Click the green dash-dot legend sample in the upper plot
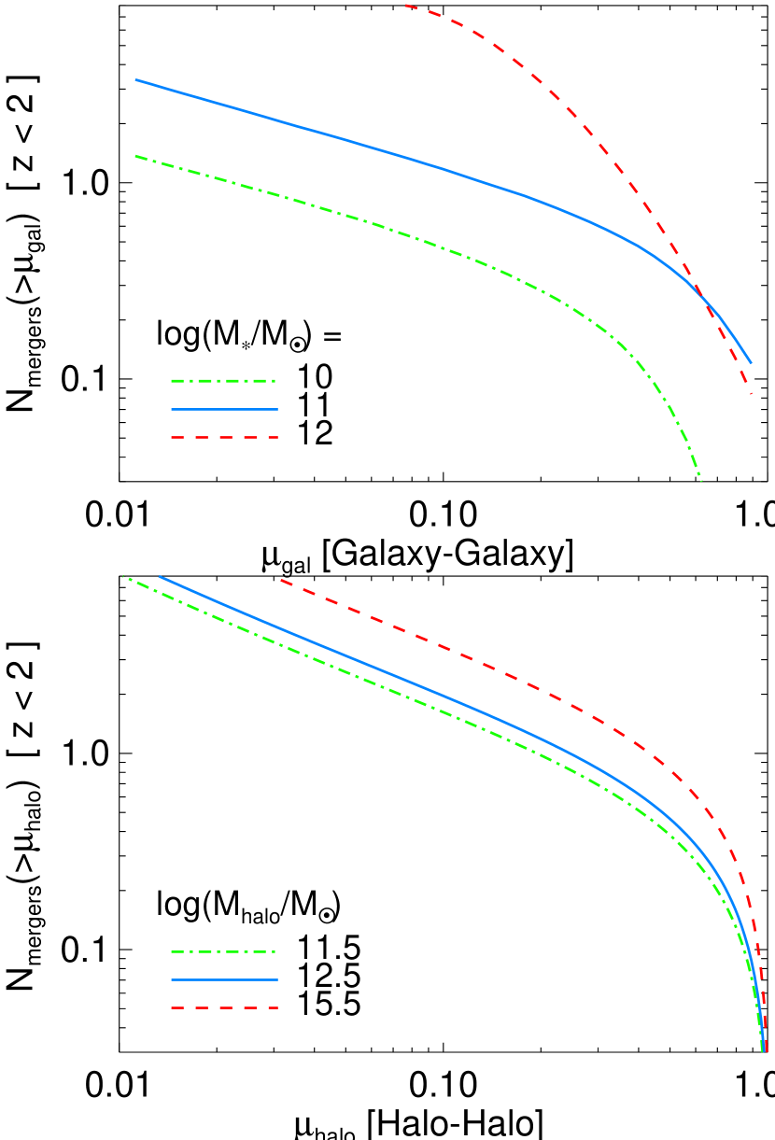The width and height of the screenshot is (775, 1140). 224,381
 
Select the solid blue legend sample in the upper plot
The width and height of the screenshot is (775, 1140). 224,409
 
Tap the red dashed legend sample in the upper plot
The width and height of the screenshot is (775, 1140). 224,437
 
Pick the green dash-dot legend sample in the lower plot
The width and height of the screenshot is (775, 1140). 224,952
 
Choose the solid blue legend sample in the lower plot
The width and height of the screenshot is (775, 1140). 224,979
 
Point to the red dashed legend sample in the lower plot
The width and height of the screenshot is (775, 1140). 224,1007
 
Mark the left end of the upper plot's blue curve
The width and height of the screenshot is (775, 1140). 136,80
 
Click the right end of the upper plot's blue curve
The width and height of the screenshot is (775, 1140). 751,362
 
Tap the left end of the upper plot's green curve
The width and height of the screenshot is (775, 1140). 136,156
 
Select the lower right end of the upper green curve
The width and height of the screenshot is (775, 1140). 701,481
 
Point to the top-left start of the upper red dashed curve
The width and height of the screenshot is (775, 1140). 405,6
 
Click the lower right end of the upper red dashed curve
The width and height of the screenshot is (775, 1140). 751,393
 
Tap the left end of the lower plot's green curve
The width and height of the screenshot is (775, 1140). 124,576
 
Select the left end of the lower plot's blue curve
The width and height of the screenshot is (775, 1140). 160,576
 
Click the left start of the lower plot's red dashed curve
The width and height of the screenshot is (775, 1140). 281,580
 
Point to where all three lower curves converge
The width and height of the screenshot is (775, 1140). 764,1049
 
